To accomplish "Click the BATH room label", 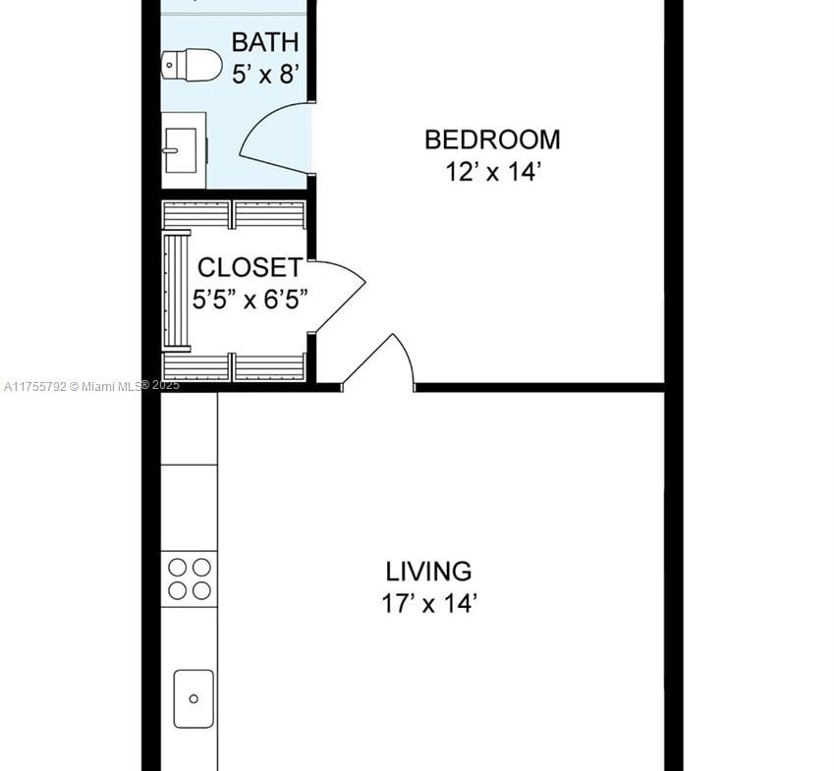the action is [x=265, y=42].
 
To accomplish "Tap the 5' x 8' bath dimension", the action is [x=265, y=74].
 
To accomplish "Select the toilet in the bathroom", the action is [x=192, y=66].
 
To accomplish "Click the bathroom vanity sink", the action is [x=184, y=150].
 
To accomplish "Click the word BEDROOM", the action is [x=492, y=139].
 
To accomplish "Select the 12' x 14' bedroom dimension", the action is [x=493, y=172].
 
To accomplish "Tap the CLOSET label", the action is [x=250, y=267].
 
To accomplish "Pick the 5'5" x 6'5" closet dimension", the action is [x=250, y=300].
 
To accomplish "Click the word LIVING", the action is [x=428, y=572].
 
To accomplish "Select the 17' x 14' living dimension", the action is [x=428, y=604].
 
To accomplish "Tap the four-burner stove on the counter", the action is [x=190, y=579].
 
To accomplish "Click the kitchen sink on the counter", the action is [x=194, y=698].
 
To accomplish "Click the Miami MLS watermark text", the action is [x=91, y=386].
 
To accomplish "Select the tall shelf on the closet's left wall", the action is [x=177, y=291].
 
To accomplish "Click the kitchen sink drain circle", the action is [x=194, y=698].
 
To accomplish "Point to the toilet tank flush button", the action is [x=169, y=66].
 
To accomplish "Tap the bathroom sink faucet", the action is [x=170, y=150].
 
